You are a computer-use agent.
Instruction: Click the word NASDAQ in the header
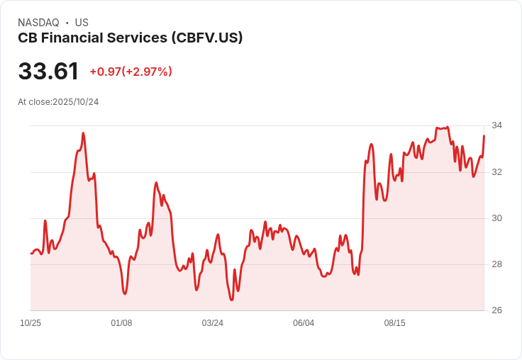click(39, 23)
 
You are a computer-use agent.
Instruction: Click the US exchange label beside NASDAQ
click(82, 23)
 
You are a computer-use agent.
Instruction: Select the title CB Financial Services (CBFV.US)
click(130, 38)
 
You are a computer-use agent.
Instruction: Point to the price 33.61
click(48, 72)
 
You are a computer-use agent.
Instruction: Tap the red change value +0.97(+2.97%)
click(130, 72)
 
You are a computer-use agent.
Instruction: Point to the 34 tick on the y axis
click(496, 125)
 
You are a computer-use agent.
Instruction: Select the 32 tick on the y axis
click(496, 172)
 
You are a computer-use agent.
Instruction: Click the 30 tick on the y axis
click(496, 218)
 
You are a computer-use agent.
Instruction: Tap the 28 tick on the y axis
click(496, 264)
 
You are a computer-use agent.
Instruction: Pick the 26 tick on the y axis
click(496, 310)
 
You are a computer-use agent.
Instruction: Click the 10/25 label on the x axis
click(30, 323)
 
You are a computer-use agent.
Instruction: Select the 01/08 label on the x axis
click(121, 323)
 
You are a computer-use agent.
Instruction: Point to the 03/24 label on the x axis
click(212, 323)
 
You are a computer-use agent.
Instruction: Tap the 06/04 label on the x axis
click(304, 323)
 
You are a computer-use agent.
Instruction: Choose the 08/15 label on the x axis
click(394, 323)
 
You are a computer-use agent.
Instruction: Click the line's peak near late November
click(83, 133)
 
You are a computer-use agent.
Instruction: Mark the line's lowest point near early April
click(231, 300)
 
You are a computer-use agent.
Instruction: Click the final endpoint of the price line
click(484, 135)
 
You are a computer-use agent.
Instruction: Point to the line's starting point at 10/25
click(31, 253)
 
